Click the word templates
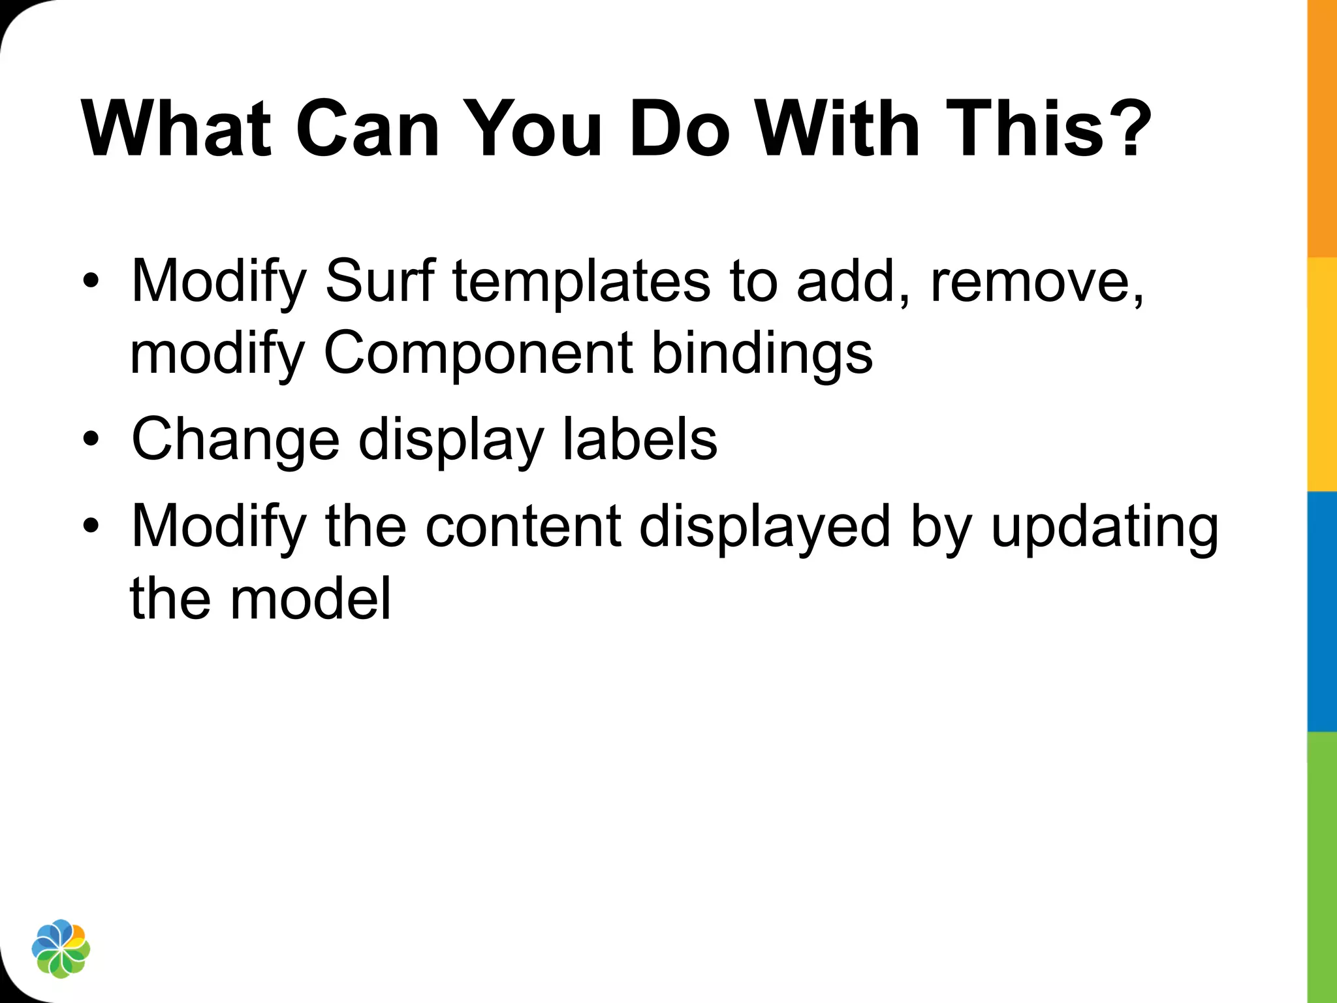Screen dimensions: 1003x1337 (582, 282)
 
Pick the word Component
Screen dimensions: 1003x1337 (478, 354)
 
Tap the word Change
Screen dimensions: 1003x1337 (236, 440)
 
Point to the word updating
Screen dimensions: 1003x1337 (1104, 528)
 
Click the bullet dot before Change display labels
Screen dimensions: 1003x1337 (91, 439)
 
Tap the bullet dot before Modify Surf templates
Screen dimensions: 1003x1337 (91, 282)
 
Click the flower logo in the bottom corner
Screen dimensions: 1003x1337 (61, 949)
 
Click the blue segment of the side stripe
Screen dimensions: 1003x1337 (1322, 611)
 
